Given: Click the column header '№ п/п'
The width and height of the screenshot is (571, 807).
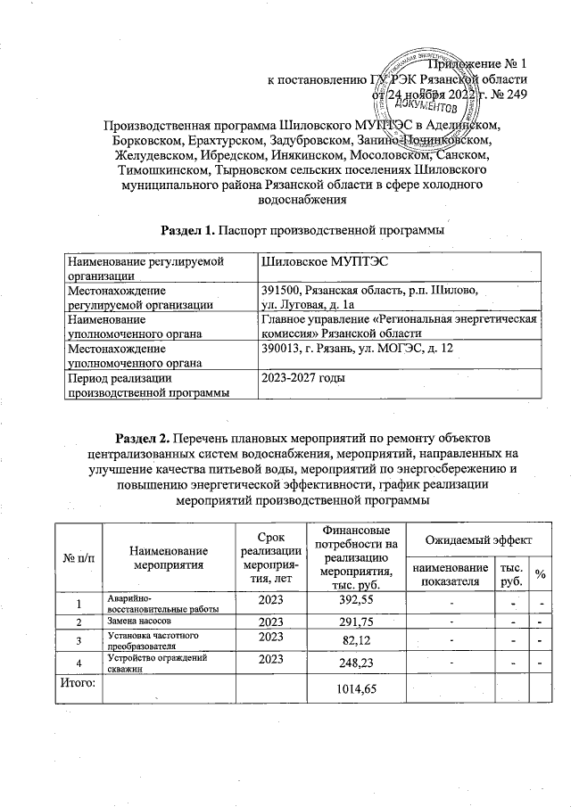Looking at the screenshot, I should click(77, 558).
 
